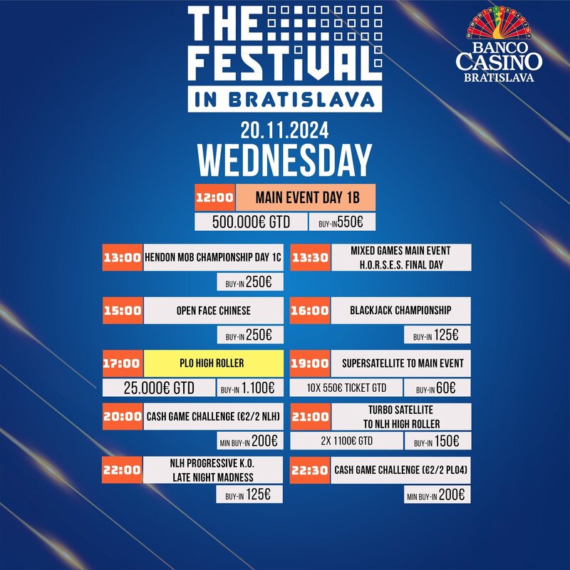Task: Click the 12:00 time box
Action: pyautogui.click(x=215, y=197)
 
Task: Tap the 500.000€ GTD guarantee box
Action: pyautogui.click(x=252, y=222)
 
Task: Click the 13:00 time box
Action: pyautogui.click(x=123, y=257)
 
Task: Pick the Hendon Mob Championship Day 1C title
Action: pyautogui.click(x=213, y=257)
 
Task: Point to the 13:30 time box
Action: pyautogui.click(x=311, y=257)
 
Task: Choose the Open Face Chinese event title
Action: pyautogui.click(x=213, y=311)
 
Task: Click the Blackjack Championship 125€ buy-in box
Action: pyautogui.click(x=437, y=335)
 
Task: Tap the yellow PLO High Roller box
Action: pyautogui.click(x=213, y=363)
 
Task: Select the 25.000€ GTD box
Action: pyautogui.click(x=159, y=388)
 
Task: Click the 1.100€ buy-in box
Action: pyautogui.click(x=250, y=388)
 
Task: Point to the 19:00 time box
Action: pyautogui.click(x=310, y=363)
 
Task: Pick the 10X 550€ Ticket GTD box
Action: pyautogui.click(x=346, y=388)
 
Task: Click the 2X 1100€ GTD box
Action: pyautogui.click(x=347, y=440)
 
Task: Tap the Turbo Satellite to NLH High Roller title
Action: pyautogui.click(x=401, y=417)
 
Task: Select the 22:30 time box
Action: pyautogui.click(x=310, y=470)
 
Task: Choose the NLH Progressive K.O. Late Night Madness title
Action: pyautogui.click(x=212, y=470)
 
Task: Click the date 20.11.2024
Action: pyautogui.click(x=284, y=130)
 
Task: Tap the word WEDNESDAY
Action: pyautogui.click(x=284, y=160)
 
